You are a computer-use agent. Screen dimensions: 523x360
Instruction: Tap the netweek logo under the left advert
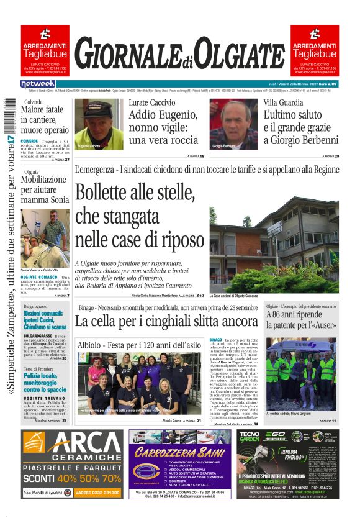(38, 84)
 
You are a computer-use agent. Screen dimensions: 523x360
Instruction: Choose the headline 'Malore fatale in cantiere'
(45, 120)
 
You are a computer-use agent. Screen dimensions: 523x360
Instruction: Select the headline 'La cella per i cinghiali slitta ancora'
(166, 321)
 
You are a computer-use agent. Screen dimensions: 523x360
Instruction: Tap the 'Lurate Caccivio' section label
(151, 102)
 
